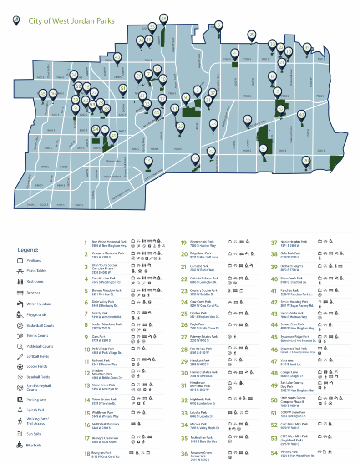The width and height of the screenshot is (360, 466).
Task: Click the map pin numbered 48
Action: coord(164,19)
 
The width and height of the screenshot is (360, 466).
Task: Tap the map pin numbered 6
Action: coord(218,25)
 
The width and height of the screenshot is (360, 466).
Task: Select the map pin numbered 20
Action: coord(306,161)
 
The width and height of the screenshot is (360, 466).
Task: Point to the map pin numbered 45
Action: coord(43,94)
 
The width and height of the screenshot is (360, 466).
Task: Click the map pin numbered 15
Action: coord(148,161)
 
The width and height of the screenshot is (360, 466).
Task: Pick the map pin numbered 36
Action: coord(248,119)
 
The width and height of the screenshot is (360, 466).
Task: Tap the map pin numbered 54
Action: coord(96,130)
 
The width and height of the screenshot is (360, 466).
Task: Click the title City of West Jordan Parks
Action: coord(71,21)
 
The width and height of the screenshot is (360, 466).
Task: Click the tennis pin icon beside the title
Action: coord(16,20)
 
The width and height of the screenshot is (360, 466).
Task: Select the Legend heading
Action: coord(28,250)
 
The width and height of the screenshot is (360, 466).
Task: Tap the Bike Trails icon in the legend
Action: coord(20,445)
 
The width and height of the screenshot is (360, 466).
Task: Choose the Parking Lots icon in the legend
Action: coord(20,399)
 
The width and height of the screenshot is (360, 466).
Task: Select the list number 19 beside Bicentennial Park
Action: coord(184,243)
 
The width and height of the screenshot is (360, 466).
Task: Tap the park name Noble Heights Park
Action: coord(294,242)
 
